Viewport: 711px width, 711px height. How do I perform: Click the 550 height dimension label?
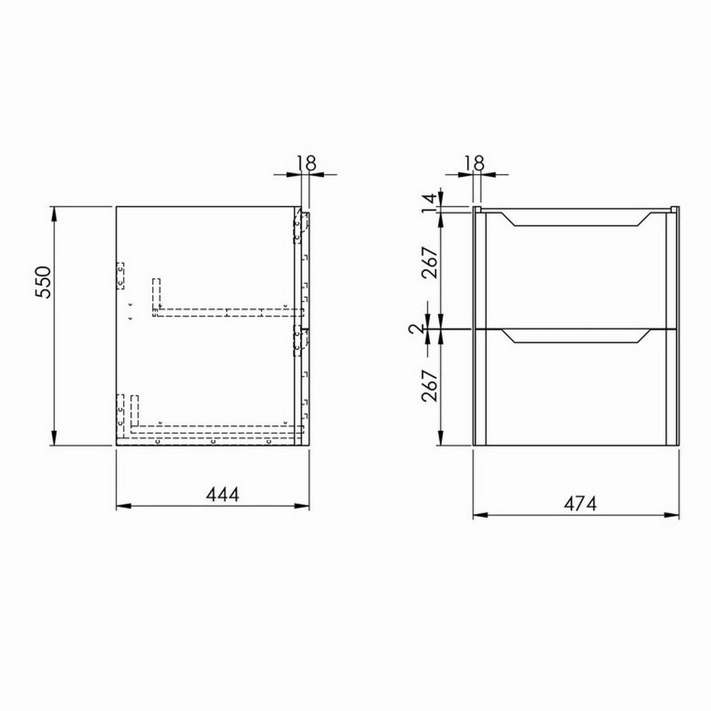pyautogui.click(x=44, y=283)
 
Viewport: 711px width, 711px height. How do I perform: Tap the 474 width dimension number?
pyautogui.click(x=579, y=503)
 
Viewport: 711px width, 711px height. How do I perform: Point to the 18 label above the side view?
pyautogui.click(x=306, y=162)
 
